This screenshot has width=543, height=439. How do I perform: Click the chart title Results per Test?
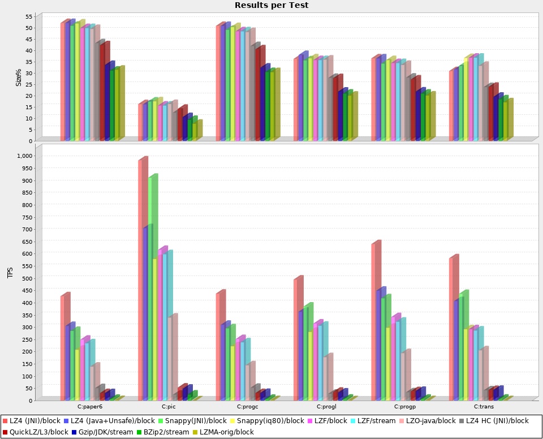pyautogui.click(x=271, y=5)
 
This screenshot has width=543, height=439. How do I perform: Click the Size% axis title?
pyautogui.click(x=19, y=77)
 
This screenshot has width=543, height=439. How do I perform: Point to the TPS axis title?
pyautogui.click(x=10, y=273)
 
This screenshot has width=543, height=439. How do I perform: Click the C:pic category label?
pyautogui.click(x=169, y=407)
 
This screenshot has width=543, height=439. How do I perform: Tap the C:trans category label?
pyautogui.click(x=481, y=407)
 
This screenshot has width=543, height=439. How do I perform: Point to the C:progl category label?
pyautogui.click(x=326, y=407)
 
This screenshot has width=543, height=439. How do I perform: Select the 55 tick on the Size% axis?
pyautogui.click(x=29, y=16)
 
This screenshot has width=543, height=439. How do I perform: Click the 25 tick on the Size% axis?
pyautogui.click(x=29, y=84)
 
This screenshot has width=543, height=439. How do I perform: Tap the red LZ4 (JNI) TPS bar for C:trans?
pyautogui.click(x=452, y=329)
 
